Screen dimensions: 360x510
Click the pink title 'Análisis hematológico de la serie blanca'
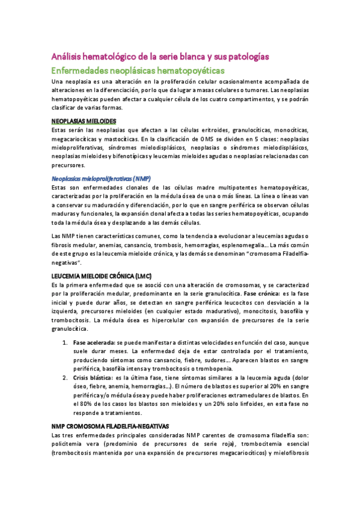[x=160, y=57]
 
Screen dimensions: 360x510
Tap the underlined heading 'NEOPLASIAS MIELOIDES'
[x=84, y=121]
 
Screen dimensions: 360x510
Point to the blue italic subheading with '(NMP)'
[x=101, y=179]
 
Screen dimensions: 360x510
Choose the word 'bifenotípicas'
[x=136, y=156]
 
